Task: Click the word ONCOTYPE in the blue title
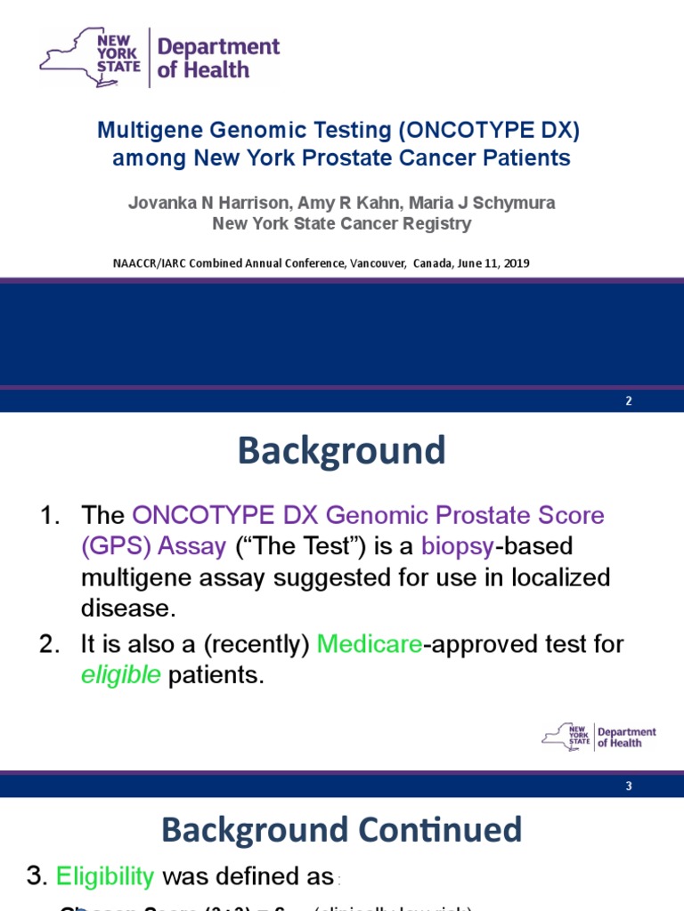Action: (456, 131)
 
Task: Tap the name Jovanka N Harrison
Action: (193, 203)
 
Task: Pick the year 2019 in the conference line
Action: (517, 263)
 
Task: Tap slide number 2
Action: (628, 400)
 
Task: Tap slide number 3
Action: (628, 786)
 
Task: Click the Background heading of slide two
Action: (341, 451)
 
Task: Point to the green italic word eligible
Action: (121, 675)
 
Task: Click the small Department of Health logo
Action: (599, 737)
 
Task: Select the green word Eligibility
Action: (105, 876)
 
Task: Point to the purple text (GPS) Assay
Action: (153, 546)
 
